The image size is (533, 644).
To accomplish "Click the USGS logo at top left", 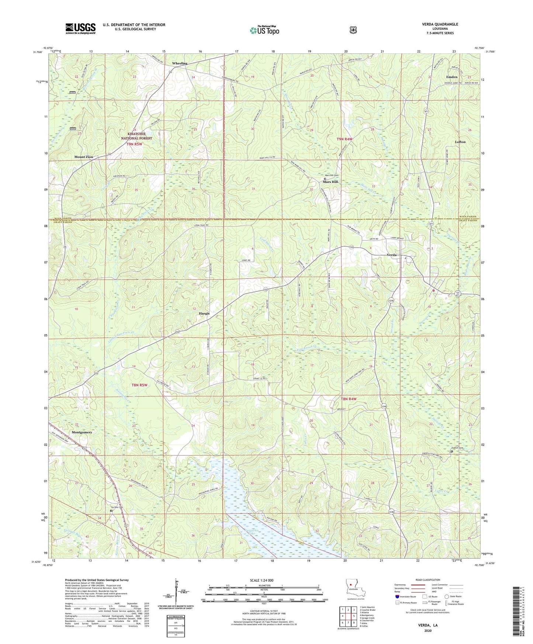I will point(80,28).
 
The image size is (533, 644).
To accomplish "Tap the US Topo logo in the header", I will point(264,30).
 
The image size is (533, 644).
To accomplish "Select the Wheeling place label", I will point(180,63).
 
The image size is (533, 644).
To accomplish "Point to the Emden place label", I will point(452,77).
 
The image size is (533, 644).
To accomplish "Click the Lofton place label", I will point(460,142).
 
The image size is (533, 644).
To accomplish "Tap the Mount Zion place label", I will point(84,157).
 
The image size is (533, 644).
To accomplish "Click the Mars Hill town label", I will point(330,182).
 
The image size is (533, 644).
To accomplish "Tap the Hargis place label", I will point(202,314).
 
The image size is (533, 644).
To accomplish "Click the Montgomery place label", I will point(82,432).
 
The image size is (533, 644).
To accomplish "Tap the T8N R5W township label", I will point(139,385).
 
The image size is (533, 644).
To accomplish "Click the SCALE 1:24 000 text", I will point(262,581).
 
